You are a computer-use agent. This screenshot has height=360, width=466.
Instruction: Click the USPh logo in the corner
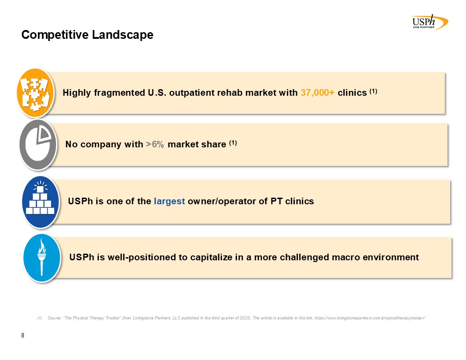click(430, 22)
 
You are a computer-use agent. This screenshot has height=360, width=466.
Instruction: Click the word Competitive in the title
click(55, 35)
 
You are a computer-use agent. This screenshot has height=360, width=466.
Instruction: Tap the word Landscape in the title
click(122, 35)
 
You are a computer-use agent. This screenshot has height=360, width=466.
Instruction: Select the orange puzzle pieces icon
click(35, 93)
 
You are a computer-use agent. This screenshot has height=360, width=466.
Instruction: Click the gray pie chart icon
click(38, 145)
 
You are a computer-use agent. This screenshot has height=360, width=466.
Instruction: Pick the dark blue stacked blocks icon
click(41, 202)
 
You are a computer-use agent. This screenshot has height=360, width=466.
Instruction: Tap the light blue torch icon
click(42, 257)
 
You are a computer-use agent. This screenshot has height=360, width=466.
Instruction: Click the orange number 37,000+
click(317, 93)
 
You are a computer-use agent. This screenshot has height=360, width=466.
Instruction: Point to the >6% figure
click(155, 144)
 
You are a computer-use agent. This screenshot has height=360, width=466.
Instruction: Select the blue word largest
click(169, 201)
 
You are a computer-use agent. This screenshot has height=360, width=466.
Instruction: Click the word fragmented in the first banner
click(120, 93)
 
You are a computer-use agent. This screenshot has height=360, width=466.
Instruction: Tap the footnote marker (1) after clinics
click(373, 91)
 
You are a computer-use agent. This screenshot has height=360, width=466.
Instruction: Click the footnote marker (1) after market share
click(233, 143)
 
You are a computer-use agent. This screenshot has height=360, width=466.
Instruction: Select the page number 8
click(23, 336)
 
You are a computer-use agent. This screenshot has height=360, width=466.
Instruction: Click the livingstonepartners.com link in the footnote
click(370, 318)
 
